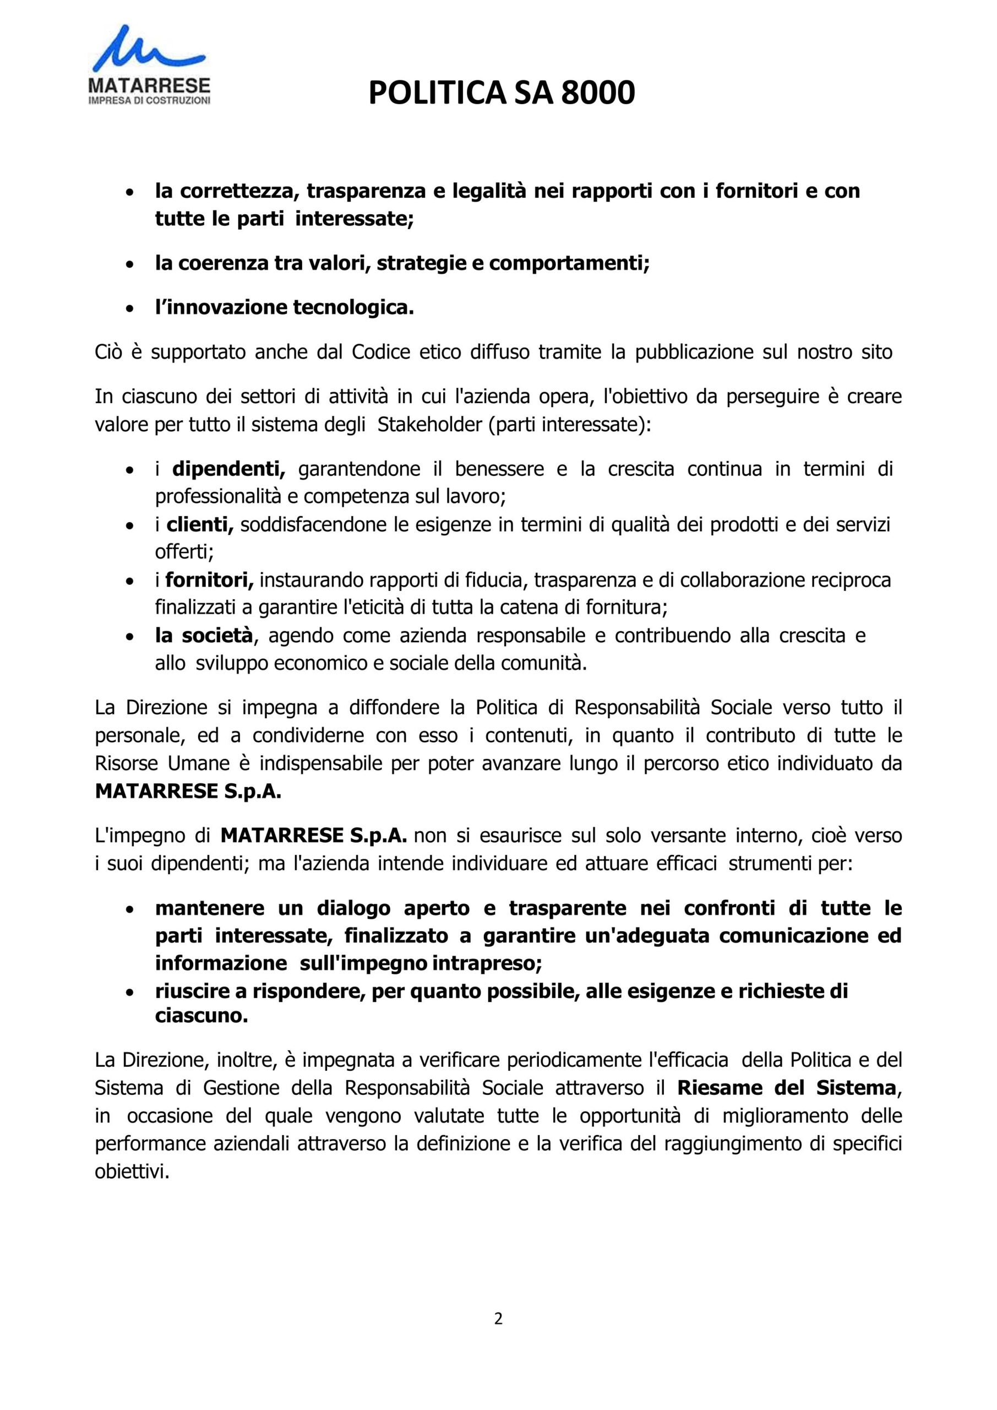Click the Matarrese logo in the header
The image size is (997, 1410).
click(149, 64)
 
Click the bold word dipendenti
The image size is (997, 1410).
click(229, 469)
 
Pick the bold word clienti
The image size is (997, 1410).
click(200, 524)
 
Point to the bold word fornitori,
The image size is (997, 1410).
click(209, 580)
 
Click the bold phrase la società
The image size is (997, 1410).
click(204, 636)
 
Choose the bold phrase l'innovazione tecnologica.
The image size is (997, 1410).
click(285, 307)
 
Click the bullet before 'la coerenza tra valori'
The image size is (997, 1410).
click(129, 265)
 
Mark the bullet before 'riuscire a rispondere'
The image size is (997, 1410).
click(129, 993)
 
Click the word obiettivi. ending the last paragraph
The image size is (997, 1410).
click(132, 1172)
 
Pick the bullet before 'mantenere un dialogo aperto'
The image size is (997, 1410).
click(129, 909)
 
